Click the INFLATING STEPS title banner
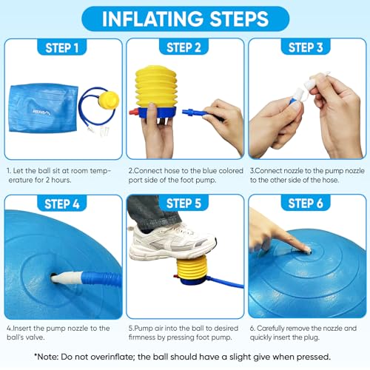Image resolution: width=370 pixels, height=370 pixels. [185, 18]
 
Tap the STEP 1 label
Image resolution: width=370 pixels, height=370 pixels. [62, 49]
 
